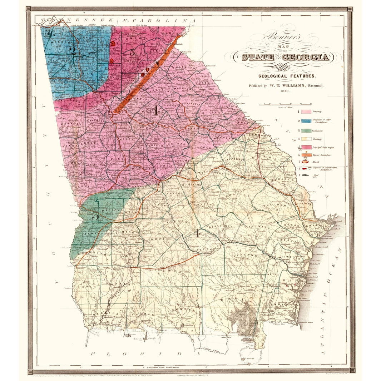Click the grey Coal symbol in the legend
tap(305, 175)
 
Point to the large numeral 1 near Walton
tap(156, 110)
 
